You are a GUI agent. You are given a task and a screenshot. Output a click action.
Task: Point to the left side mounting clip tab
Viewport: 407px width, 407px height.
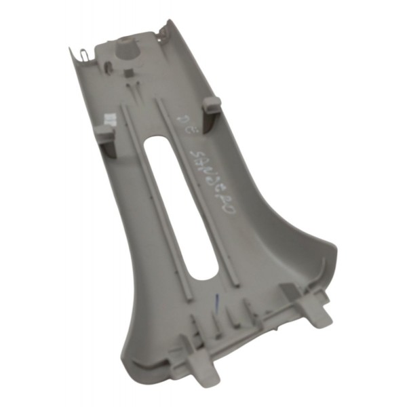pos(104,133)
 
